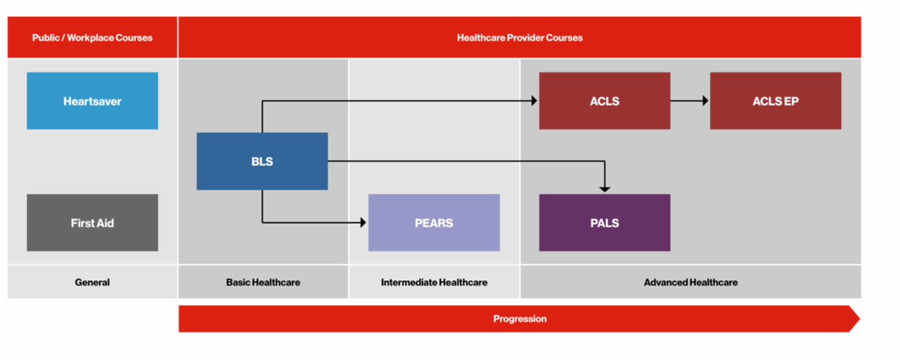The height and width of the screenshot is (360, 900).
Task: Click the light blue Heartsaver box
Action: [92, 100]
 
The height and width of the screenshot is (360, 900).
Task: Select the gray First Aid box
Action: [92, 223]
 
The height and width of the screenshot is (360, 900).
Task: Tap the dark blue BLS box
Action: [262, 160]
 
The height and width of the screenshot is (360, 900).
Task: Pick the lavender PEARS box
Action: [433, 223]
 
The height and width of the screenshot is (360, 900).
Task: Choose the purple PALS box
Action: [604, 223]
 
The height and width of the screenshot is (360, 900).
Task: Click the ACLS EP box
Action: [775, 100]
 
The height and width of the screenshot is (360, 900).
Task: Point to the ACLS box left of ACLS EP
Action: [604, 100]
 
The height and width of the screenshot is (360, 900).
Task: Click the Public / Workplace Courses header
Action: [92, 37]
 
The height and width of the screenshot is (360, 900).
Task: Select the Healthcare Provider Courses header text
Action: [519, 37]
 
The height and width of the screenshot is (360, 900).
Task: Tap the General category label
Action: [92, 283]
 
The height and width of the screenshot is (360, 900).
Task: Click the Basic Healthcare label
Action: [263, 283]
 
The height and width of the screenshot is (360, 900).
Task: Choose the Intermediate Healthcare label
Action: [433, 283]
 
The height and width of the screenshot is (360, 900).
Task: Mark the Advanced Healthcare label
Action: [690, 283]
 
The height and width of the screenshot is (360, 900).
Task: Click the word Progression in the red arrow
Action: [519, 319]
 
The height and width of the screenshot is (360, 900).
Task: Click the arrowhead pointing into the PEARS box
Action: [362, 222]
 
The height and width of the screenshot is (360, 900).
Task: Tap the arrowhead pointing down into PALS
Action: [604, 188]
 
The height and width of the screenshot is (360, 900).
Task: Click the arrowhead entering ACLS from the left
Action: [534, 100]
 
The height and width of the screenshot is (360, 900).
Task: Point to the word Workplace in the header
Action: [91, 37]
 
